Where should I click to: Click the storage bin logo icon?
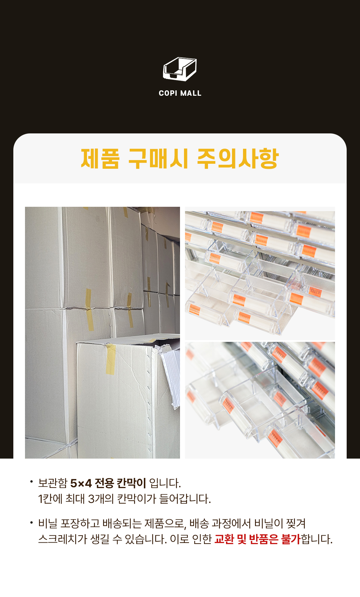pos(180,69)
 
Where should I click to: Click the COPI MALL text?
pos(180,93)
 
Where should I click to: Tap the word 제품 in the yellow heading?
pos(100,158)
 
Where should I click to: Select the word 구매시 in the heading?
pos(159,158)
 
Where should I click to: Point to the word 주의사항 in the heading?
pos(238,158)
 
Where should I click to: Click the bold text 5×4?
pos(81,483)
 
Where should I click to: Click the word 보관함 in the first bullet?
pos(53,483)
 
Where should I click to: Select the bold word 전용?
pos(104,483)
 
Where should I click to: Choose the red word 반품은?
pos(263,539)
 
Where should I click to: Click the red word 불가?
pos(291,539)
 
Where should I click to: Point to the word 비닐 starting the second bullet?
pos(48,523)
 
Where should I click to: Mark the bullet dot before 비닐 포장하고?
pos(31,522)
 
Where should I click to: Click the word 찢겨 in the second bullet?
pos(296,523)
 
